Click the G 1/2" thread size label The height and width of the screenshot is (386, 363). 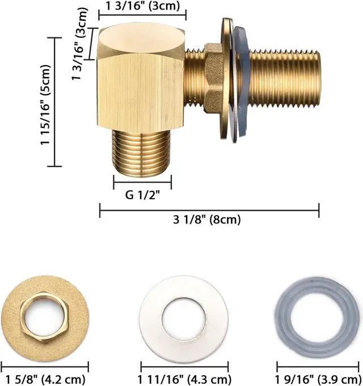[142, 195]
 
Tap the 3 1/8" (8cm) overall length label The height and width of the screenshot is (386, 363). [206, 220]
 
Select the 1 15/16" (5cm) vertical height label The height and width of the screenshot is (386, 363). [45, 105]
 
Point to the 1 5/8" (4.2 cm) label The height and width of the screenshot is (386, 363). [45, 379]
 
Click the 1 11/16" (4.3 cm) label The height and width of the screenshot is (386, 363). [184, 379]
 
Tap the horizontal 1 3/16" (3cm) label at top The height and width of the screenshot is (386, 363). [143, 6]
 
